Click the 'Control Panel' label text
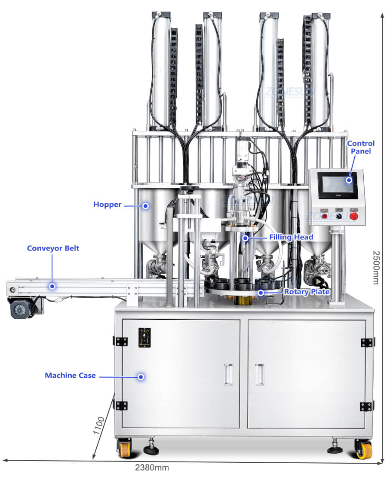pos(361,147)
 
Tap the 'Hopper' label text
pos(107,205)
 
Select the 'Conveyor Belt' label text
pos(53,248)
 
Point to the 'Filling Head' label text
pos(291,237)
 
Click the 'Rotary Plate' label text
pos(307,292)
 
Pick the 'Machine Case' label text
pos(70,376)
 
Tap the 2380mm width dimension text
pos(152,467)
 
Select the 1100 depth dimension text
pos(98,425)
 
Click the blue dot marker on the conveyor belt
pos(52,286)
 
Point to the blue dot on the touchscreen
pos(349,180)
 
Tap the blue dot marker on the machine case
pos(141,376)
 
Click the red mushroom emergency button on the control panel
pos(354,216)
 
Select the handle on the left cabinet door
pos(229,374)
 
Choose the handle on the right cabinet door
pos(259,374)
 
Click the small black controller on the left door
pos(144,337)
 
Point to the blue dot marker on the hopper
pos(145,206)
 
